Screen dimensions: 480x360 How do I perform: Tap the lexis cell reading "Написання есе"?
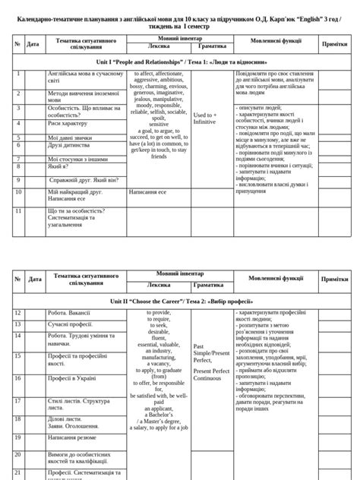tap(147, 193)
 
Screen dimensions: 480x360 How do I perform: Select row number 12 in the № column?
tap(17, 313)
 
